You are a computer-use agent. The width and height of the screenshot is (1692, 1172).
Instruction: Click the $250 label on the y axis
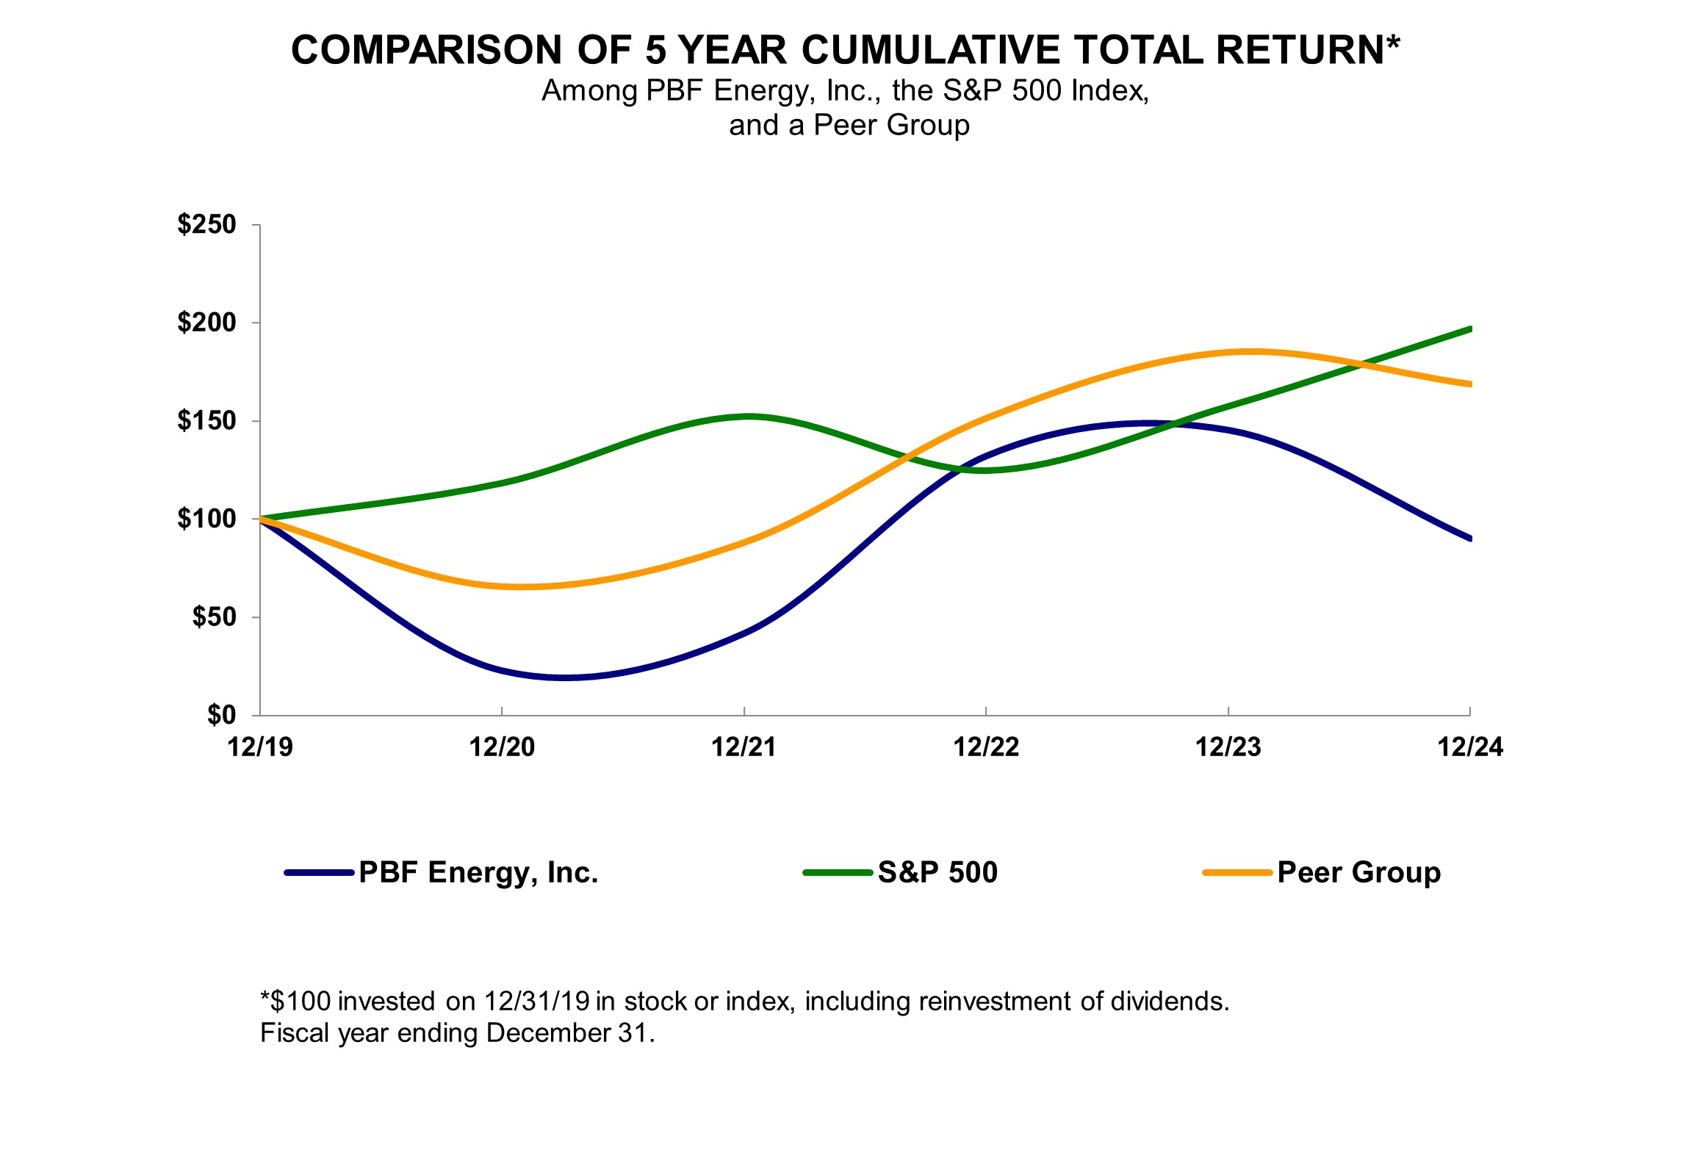[x=206, y=224]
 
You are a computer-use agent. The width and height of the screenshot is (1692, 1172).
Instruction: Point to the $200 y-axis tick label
[x=206, y=322]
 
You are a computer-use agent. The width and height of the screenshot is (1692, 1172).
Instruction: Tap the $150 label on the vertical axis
[x=206, y=420]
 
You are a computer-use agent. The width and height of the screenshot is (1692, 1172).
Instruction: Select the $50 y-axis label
[x=214, y=616]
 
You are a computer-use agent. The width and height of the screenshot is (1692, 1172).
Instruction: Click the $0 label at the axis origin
[x=221, y=714]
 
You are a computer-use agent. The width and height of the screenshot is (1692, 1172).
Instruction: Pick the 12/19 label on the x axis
[x=259, y=747]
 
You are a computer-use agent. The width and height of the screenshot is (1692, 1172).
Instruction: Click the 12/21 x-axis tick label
[x=744, y=747]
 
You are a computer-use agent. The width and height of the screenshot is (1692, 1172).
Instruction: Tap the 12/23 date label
[x=1228, y=747]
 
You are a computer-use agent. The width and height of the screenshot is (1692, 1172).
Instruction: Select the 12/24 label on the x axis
[x=1469, y=747]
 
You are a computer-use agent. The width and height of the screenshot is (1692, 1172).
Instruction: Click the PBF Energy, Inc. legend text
[x=478, y=872]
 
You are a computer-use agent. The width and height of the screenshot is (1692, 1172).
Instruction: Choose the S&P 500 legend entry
[x=937, y=872]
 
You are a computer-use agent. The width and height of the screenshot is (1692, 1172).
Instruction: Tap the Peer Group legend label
[x=1358, y=872]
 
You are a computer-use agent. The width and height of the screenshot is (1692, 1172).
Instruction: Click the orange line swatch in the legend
[x=1237, y=873]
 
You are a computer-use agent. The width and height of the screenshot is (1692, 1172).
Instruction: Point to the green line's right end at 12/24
[x=1469, y=329]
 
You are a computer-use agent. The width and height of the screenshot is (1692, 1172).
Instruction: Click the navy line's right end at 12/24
[x=1469, y=538]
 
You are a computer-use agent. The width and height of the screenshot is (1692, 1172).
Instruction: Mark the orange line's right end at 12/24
[x=1469, y=384]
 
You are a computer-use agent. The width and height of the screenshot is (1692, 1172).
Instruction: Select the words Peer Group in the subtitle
[x=891, y=125]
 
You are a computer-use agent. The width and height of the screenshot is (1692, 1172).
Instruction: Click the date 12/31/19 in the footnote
[x=536, y=1001]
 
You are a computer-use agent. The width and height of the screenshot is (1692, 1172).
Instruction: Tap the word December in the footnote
[x=548, y=1032]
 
